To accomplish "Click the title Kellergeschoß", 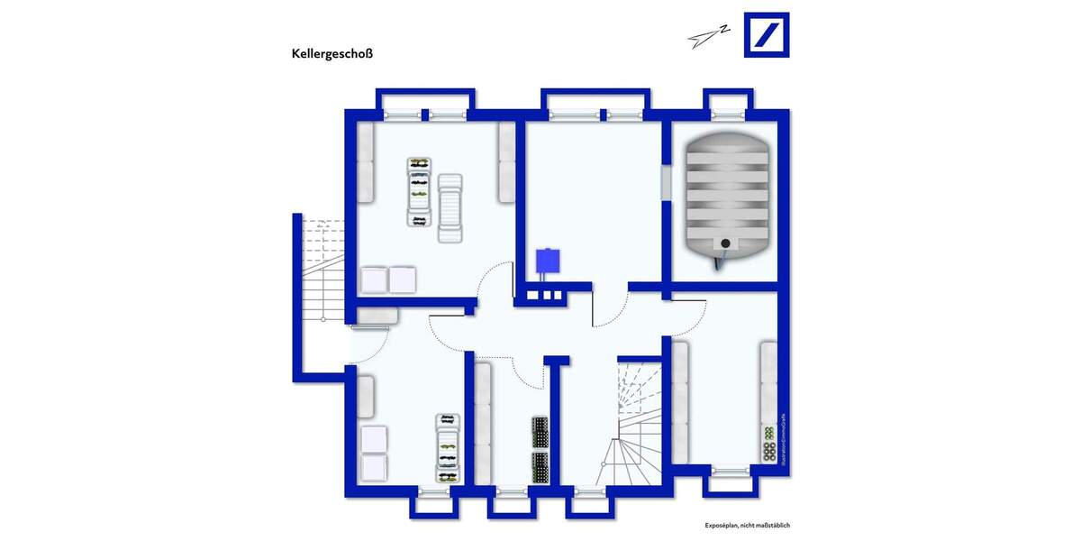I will click(x=332, y=53).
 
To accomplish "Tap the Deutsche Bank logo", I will click(x=766, y=35).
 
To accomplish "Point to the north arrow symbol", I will click(x=707, y=35).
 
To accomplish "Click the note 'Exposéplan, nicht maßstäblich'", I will click(x=747, y=526).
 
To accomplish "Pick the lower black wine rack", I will click(x=540, y=467).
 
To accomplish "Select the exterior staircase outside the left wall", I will click(x=322, y=270).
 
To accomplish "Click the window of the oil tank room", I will click(x=728, y=114).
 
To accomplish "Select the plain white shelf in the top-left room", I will click(x=449, y=208).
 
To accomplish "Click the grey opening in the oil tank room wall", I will click(x=666, y=182).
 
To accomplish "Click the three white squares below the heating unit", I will click(x=544, y=295).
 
